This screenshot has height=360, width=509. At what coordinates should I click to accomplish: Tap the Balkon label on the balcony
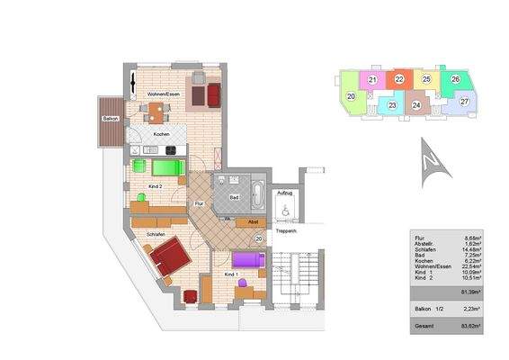[x=110, y=118]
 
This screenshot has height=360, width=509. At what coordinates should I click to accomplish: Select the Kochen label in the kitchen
[x=162, y=134]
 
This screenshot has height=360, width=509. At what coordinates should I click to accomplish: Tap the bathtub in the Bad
[x=256, y=193]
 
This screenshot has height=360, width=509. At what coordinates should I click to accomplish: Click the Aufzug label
[x=285, y=193]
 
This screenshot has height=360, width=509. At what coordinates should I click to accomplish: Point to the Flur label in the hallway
[x=199, y=204]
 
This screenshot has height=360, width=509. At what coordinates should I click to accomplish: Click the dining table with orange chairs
[x=156, y=112]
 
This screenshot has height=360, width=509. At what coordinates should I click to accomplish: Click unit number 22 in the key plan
[x=398, y=79]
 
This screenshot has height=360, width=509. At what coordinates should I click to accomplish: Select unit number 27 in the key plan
[x=464, y=101]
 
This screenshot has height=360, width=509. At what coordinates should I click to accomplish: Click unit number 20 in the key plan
[x=350, y=95]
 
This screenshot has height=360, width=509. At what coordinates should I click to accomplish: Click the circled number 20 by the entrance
[x=258, y=238]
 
